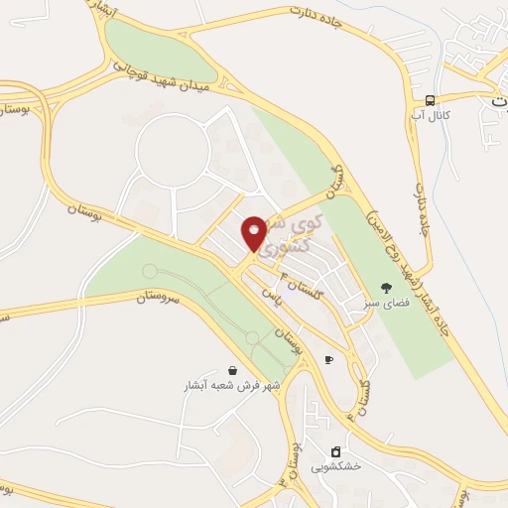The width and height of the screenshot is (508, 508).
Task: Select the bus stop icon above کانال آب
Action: [429, 100]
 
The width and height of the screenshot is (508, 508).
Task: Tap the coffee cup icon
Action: [328, 359]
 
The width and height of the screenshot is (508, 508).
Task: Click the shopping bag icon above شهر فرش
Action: [232, 369]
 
